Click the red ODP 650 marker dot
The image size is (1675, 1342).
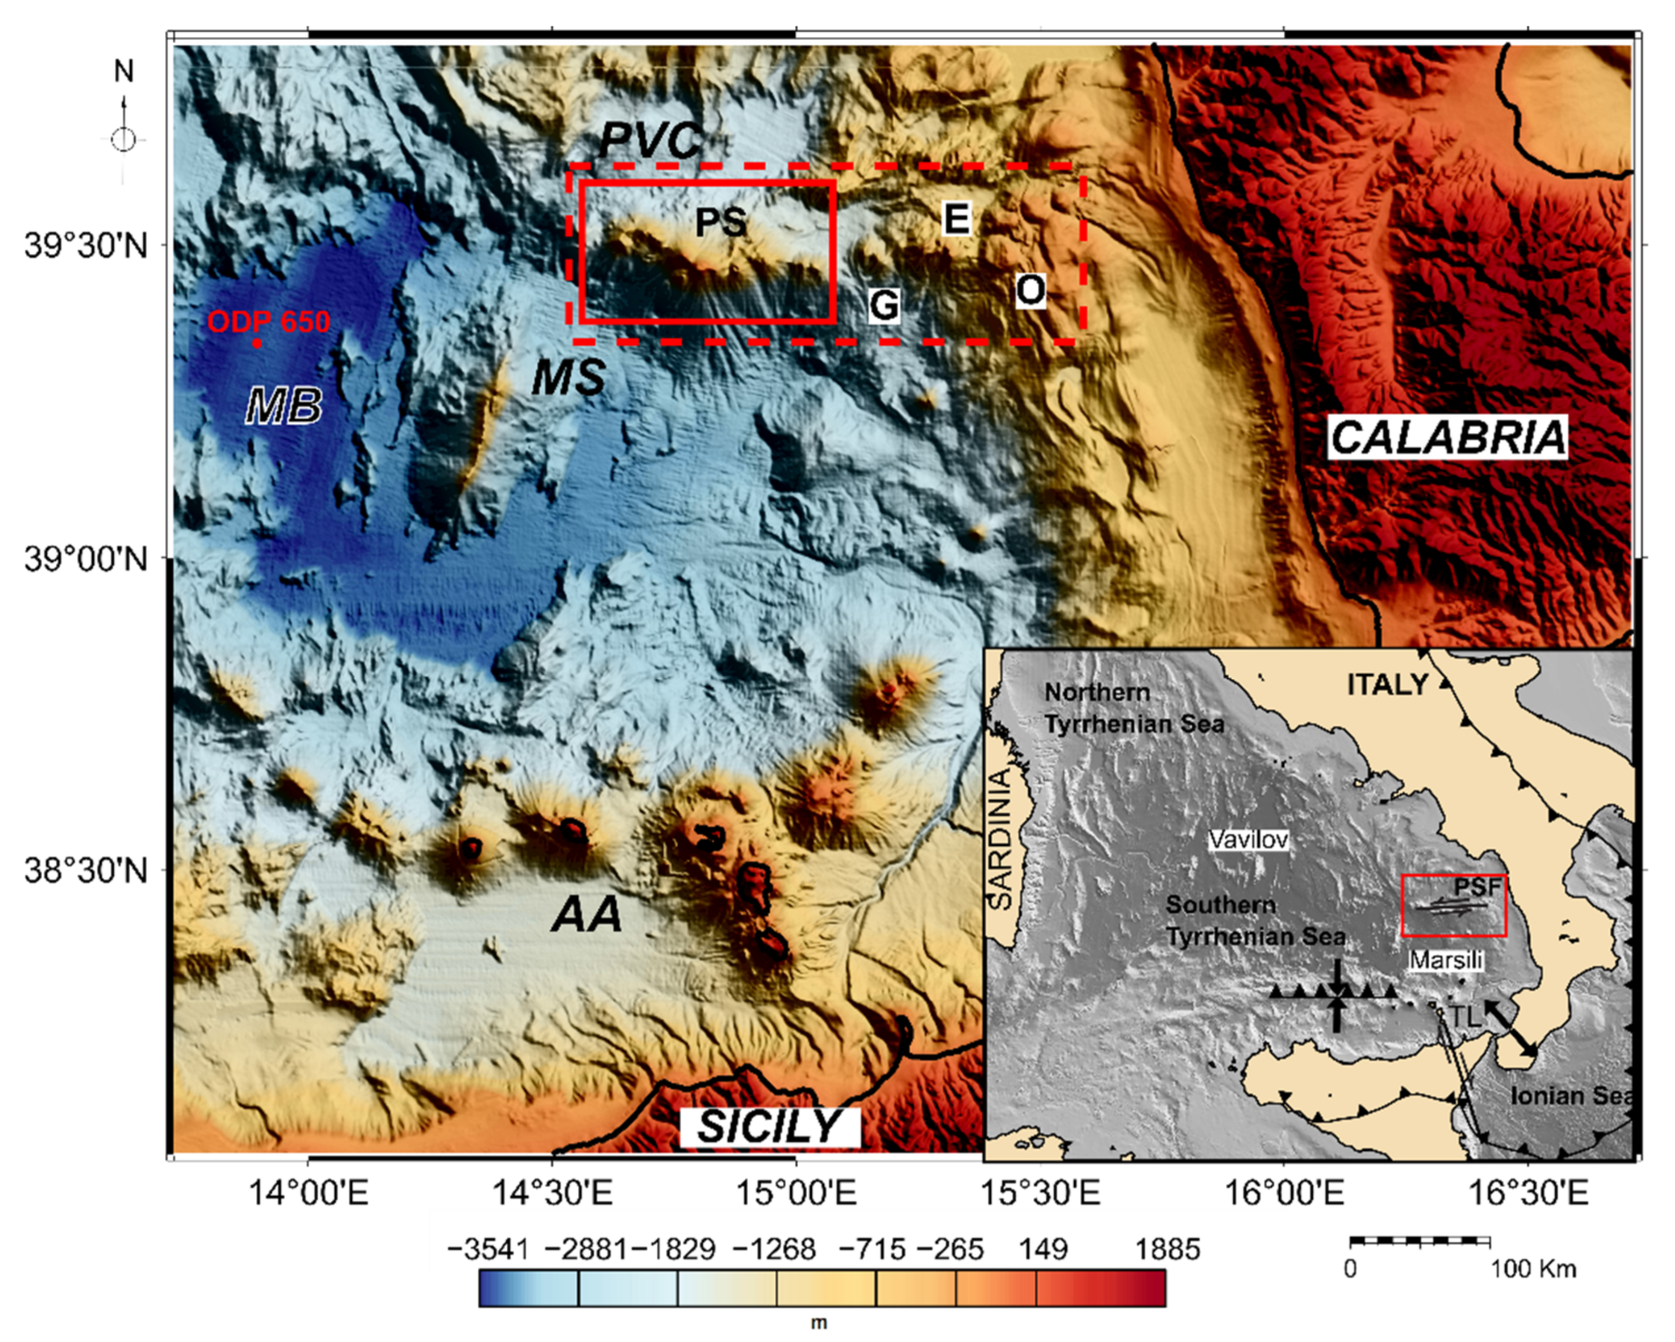pyautogui.click(x=257, y=343)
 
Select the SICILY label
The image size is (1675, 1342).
pyautogui.click(x=769, y=1127)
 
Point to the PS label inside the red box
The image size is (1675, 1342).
pyautogui.click(x=720, y=223)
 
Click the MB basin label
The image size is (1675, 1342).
pyautogui.click(x=283, y=406)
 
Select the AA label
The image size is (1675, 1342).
pyautogui.click(x=587, y=914)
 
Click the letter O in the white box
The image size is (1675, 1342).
pyautogui.click(x=1030, y=291)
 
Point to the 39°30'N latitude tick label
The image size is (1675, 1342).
pyautogui.click(x=86, y=245)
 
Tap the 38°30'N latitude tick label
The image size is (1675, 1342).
pyautogui.click(x=86, y=871)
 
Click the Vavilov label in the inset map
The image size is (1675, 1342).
pyautogui.click(x=1249, y=840)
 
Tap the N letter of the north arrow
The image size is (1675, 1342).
pyautogui.click(x=124, y=71)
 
